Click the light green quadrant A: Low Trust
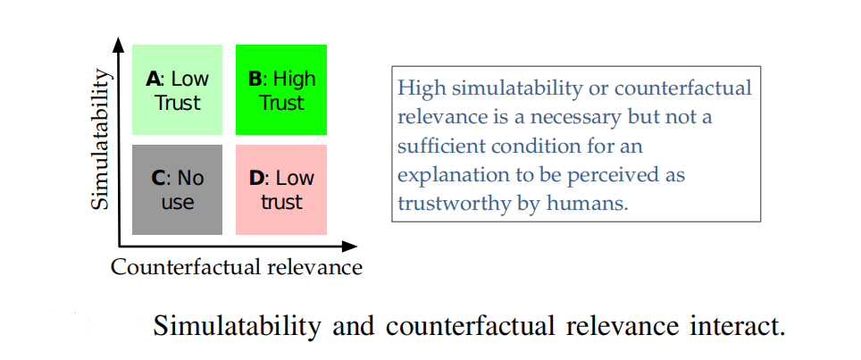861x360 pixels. click(177, 89)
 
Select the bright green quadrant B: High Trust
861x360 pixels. click(281, 89)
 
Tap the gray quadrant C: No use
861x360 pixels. click(177, 189)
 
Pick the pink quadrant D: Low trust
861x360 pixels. click(281, 189)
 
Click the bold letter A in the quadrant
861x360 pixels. click(153, 79)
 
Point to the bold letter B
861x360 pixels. click(255, 79)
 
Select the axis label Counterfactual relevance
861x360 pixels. click(237, 267)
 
